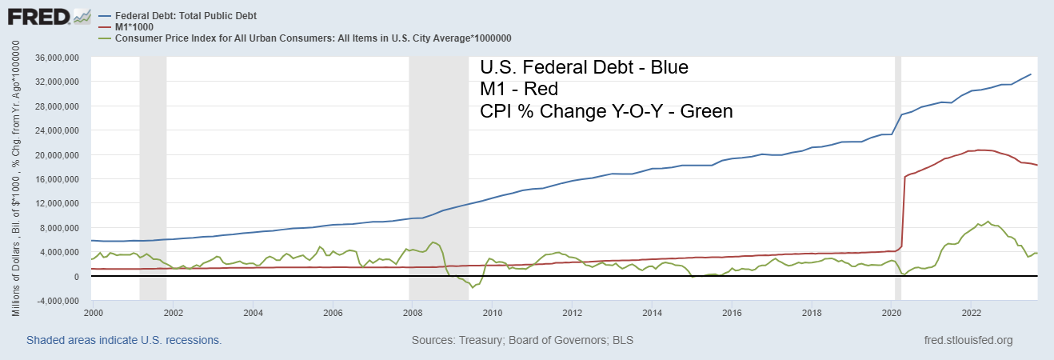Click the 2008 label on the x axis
point(413,312)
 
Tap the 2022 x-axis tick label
point(972,312)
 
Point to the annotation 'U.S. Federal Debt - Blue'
point(583,66)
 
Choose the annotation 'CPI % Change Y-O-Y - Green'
point(605,111)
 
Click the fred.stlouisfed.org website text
point(968,341)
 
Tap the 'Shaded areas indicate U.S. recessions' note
point(124,341)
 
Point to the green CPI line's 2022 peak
point(988,222)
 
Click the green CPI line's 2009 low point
point(473,287)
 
